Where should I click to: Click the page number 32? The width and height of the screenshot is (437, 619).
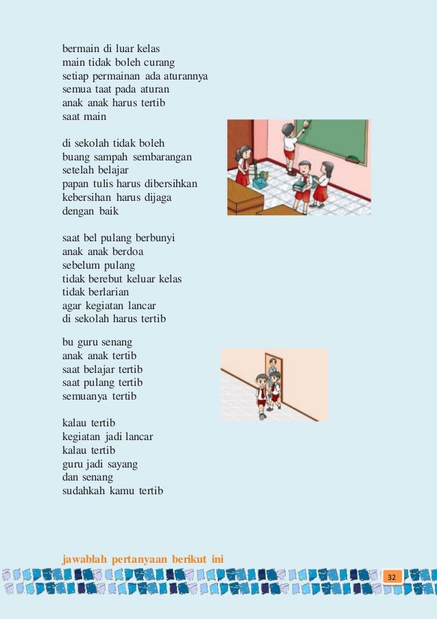tap(392, 578)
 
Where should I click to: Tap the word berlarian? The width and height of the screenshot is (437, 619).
tap(105, 291)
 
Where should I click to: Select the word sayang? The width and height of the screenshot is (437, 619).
tap(122, 463)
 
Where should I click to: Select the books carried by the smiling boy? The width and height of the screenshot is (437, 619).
tap(301, 182)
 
